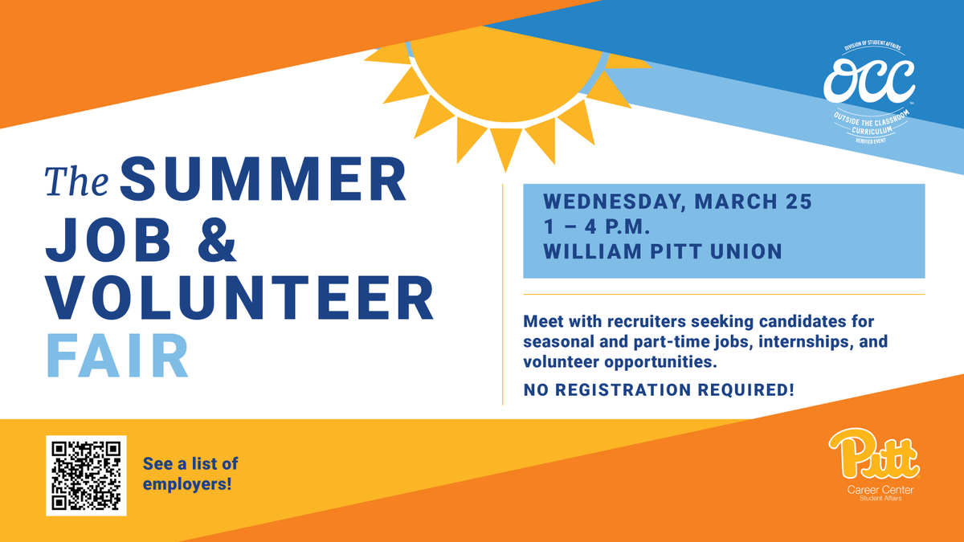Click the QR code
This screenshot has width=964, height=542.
click(x=86, y=475)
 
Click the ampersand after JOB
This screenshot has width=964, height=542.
click(x=214, y=239)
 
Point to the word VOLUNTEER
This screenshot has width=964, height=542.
click(x=239, y=298)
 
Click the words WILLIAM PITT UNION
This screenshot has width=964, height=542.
click(x=663, y=251)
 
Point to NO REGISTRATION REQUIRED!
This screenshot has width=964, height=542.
click(x=659, y=391)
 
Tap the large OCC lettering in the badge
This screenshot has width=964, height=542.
click(x=872, y=77)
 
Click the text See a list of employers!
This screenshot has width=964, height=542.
click(x=190, y=475)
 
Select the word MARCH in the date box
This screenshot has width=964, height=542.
click(x=734, y=201)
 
